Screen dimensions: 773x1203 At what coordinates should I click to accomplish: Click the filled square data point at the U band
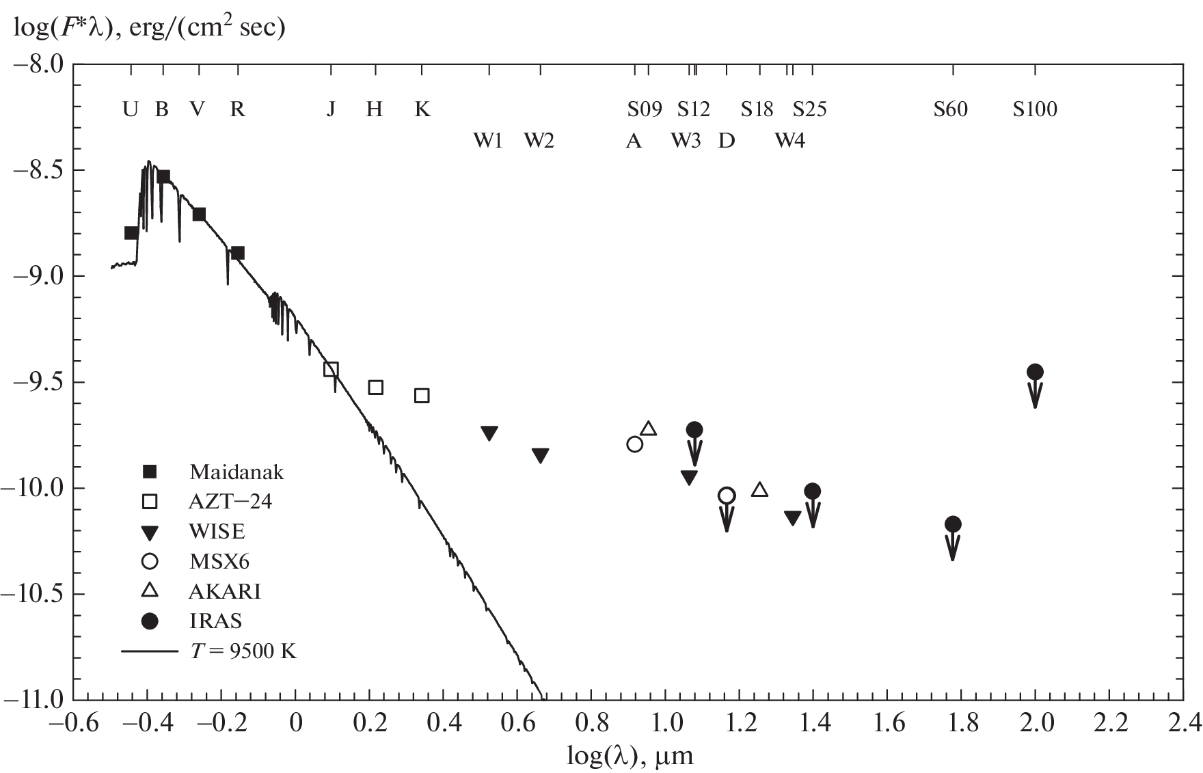[x=131, y=233]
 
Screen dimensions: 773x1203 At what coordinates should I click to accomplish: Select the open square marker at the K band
[x=422, y=396]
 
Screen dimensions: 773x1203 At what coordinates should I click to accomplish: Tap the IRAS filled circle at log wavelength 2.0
[x=1035, y=372]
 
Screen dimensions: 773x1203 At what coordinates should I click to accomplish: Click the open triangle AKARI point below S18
[x=759, y=489]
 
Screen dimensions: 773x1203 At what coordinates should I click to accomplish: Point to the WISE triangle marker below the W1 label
[x=489, y=433]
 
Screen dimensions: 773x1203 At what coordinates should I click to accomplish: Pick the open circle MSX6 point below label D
[x=727, y=496]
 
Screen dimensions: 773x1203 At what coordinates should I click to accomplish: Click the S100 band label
[x=1035, y=109]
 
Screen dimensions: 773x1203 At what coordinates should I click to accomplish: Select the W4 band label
[x=789, y=141]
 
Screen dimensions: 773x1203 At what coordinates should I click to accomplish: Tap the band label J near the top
[x=331, y=109]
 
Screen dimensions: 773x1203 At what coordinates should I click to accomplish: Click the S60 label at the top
[x=951, y=109]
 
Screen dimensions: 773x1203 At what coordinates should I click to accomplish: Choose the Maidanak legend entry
[x=236, y=472]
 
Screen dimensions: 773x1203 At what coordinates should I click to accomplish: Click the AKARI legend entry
[x=225, y=591]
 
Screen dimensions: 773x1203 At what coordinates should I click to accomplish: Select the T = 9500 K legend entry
[x=243, y=651]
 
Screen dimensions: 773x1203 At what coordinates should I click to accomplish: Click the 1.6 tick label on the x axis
[x=889, y=722]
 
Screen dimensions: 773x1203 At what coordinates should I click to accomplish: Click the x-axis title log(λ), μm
[x=630, y=756]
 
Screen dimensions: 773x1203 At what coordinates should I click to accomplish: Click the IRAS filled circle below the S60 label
[x=953, y=524]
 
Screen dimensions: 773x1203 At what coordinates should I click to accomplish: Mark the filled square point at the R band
[x=237, y=254]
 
